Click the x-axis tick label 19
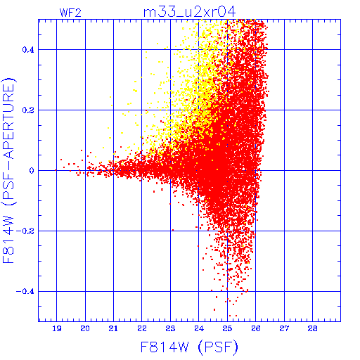point(57,328)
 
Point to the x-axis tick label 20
point(85,328)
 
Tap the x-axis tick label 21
point(113,328)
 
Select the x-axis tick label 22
point(142,328)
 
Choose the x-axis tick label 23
point(170,328)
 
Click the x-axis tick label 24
point(199,328)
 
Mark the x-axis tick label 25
point(227,328)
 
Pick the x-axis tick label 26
point(256,328)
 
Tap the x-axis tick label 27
point(284,328)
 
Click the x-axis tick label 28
point(313,328)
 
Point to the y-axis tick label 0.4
point(28,50)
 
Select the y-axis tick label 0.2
point(28,110)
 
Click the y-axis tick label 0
point(32,171)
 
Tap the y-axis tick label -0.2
point(25,231)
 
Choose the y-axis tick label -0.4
point(25,292)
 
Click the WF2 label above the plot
point(70,13)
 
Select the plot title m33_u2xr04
point(189,12)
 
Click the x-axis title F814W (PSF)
point(189,347)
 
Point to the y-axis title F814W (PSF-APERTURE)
point(9,171)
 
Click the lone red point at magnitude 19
point(56,170)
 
